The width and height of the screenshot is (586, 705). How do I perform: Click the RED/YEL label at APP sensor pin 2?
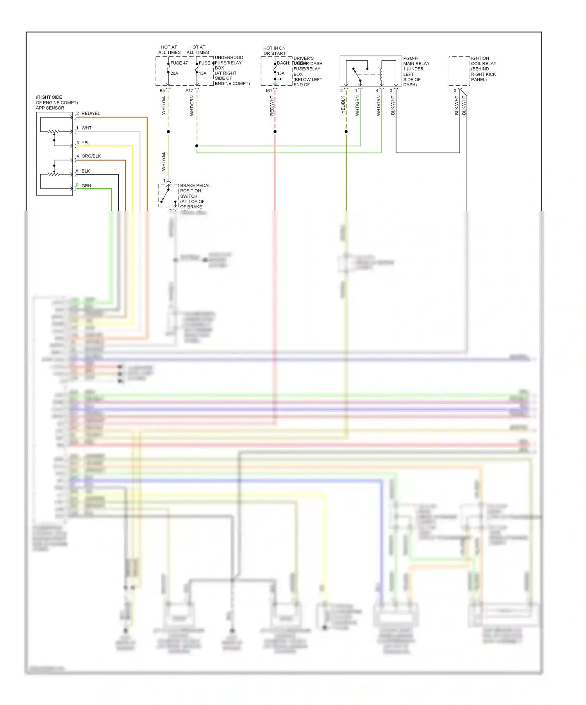tap(91, 113)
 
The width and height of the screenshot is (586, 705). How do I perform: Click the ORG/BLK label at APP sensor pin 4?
tap(91, 156)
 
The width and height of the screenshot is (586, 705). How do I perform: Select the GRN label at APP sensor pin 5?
tap(86, 186)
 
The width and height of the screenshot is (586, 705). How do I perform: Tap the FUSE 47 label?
tap(179, 63)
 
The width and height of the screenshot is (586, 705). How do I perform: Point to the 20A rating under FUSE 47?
tap(174, 74)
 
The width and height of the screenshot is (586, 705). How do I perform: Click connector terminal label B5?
tap(162, 91)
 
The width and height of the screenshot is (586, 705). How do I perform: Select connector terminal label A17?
tap(189, 91)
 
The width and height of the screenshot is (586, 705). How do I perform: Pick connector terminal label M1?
tap(269, 91)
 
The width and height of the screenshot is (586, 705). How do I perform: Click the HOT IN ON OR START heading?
tap(274, 51)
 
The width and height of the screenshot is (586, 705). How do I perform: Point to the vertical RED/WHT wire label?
tap(272, 106)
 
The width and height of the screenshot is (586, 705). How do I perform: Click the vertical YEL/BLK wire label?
tap(343, 105)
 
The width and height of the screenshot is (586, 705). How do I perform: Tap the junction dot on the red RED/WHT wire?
tap(275, 132)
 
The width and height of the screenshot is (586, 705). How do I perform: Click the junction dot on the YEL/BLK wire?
tap(346, 132)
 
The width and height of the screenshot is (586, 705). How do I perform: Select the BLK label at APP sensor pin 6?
tap(86, 171)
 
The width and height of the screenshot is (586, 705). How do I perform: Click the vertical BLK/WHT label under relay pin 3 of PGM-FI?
tap(393, 105)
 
